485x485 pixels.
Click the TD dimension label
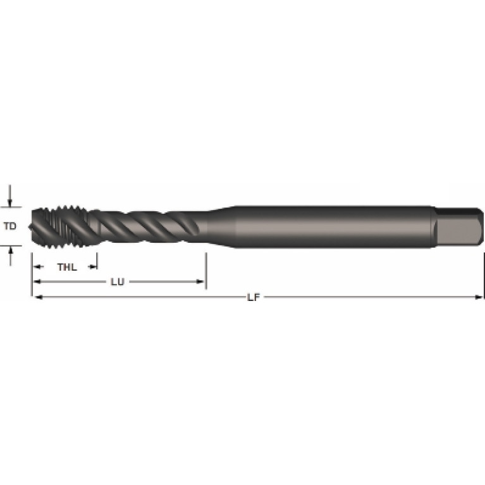tap(10, 226)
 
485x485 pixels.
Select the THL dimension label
tap(67, 267)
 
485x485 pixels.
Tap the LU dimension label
tap(118, 282)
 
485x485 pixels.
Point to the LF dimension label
tap(254, 297)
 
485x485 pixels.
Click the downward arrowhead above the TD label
tap(10, 203)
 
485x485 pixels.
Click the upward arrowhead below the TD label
tap(11, 250)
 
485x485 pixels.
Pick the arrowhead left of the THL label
tap(37, 267)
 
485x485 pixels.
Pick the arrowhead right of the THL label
tap(93, 267)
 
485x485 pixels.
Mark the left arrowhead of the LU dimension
tap(37, 281)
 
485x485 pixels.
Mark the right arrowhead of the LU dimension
tap(200, 281)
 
